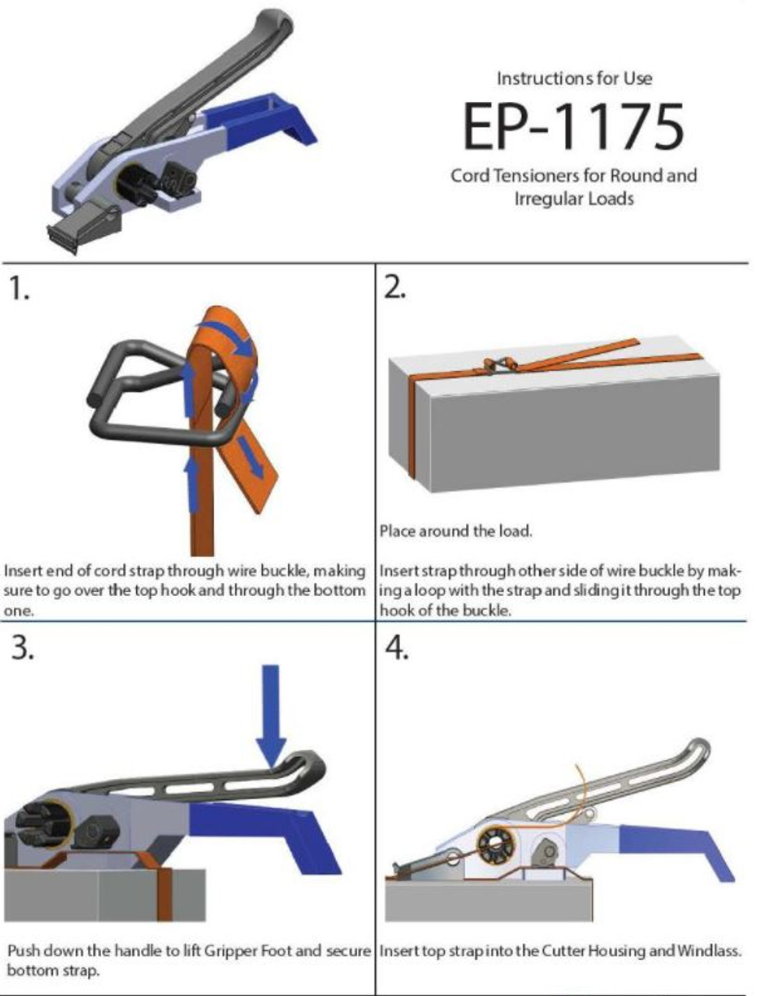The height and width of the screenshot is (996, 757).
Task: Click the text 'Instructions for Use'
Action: point(574,78)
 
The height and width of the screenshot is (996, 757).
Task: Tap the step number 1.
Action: point(19,289)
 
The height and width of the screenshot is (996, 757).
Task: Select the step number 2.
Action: point(395,289)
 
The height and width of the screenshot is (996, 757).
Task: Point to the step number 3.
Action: point(21,647)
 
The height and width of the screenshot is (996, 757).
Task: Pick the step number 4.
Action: point(397,647)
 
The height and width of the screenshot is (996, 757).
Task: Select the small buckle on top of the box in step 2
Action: point(498,364)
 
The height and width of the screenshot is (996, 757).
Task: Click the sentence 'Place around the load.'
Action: point(456,531)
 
